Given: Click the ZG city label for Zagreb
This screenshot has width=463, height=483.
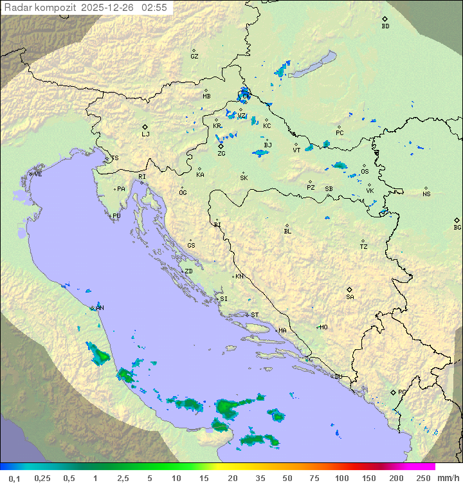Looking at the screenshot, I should [221, 154].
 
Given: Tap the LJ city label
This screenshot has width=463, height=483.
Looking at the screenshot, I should [145, 134].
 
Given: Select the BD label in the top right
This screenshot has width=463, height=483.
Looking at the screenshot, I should [385, 26].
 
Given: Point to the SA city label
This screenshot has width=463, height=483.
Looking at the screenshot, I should [350, 297].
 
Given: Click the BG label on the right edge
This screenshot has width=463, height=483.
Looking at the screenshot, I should [457, 228].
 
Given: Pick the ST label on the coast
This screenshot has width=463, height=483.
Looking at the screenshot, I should [255, 315].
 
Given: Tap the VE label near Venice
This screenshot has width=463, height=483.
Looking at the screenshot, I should [38, 174].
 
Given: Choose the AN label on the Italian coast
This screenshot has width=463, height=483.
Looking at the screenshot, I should [100, 308].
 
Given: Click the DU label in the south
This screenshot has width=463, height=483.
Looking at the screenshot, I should [338, 377].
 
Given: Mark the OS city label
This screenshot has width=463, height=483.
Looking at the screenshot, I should [365, 172].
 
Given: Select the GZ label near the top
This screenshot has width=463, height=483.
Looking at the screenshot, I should [194, 57].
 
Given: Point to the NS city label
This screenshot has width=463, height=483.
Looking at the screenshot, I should [426, 194].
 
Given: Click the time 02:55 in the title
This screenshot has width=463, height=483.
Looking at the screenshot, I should [155, 7].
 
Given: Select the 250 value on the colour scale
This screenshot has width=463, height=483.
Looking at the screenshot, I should [423, 478].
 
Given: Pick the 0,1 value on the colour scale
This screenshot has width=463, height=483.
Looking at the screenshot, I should [14, 478].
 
